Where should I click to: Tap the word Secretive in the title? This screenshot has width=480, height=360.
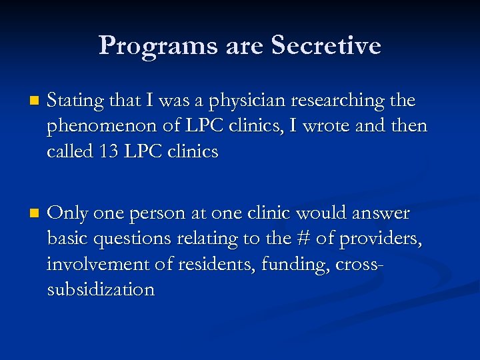pyautogui.click(x=326, y=45)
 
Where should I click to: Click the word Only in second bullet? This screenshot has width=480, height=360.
pyautogui.click(x=68, y=213)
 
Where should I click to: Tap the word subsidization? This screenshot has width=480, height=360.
pyautogui.click(x=101, y=289)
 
